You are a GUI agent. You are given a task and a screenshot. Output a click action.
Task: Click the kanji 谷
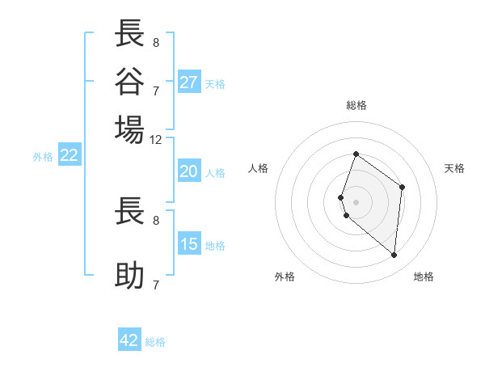pyautogui.click(x=130, y=81)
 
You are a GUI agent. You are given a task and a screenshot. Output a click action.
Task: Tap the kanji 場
pyautogui.click(x=130, y=129)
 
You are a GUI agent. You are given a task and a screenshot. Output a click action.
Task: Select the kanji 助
pyautogui.click(x=130, y=276)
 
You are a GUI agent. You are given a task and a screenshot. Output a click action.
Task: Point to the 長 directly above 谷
pyautogui.click(x=130, y=34)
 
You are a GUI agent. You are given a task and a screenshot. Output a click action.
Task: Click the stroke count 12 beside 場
pyautogui.click(x=156, y=140)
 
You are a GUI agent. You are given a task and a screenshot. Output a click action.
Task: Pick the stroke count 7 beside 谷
pyautogui.click(x=156, y=90)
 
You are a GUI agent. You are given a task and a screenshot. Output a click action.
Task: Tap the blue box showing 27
pyautogui.click(x=189, y=82)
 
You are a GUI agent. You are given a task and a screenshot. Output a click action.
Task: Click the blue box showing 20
pyautogui.click(x=188, y=171)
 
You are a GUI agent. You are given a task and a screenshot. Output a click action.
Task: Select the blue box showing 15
pyautogui.click(x=189, y=244)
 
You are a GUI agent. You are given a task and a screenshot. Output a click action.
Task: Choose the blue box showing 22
pyautogui.click(x=69, y=156)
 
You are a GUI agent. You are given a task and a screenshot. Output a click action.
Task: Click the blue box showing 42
pyautogui.click(x=129, y=340)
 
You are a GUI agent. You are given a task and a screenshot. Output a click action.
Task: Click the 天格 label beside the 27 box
pyautogui.click(x=215, y=83)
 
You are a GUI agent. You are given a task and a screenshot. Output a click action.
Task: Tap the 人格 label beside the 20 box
pyautogui.click(x=215, y=172)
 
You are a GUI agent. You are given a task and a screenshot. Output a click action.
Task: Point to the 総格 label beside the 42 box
pyautogui.click(x=155, y=342)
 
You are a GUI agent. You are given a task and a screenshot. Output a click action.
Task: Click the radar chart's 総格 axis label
pyautogui.click(x=356, y=105)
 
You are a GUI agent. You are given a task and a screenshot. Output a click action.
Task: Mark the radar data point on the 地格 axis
pyautogui.click(x=394, y=255)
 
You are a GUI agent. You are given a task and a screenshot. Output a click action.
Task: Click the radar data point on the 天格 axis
pyautogui.click(x=402, y=187)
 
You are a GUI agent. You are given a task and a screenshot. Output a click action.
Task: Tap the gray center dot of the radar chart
pyautogui.click(x=356, y=201)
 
